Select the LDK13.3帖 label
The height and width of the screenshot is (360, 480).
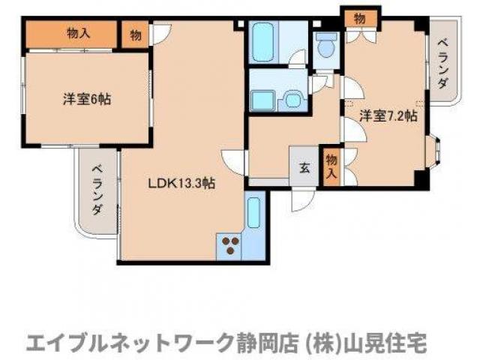(x=181, y=182)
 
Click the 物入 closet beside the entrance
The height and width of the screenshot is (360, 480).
(x=331, y=165)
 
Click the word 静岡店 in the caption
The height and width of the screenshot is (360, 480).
(x=262, y=342)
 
